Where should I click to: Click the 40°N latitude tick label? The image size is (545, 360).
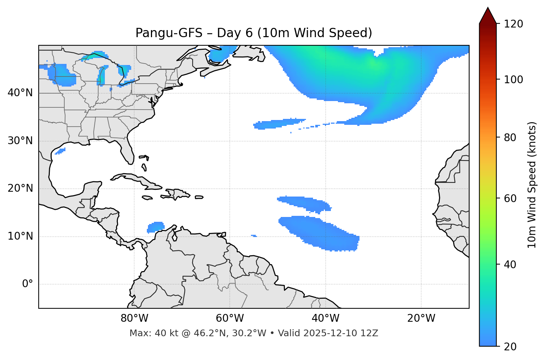pyautogui.click(x=20, y=93)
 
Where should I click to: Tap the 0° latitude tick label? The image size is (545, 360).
pyautogui.click(x=27, y=284)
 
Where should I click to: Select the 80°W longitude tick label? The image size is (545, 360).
pyautogui.click(x=134, y=318)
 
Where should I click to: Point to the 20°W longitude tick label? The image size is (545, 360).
pyautogui.click(x=421, y=318)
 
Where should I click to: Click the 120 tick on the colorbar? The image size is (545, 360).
pyautogui.click(x=513, y=24)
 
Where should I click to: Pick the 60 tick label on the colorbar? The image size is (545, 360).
pyautogui.click(x=510, y=198)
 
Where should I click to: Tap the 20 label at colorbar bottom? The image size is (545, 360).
pyautogui.click(x=510, y=347)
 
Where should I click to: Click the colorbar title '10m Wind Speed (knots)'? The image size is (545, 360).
pyautogui.click(x=532, y=185)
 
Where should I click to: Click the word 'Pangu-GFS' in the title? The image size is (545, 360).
pyautogui.click(x=169, y=33)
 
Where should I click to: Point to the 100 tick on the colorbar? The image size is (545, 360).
pyautogui.click(x=513, y=80)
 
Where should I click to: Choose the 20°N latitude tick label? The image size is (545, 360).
pyautogui.click(x=20, y=189)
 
